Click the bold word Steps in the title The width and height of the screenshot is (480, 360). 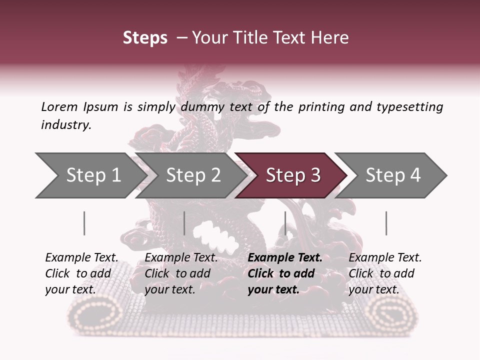coord(145,38)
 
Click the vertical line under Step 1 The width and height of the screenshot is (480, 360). coord(84,223)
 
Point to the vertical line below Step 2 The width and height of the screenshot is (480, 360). coord(184,223)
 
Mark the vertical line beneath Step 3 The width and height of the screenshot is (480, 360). coord(285,223)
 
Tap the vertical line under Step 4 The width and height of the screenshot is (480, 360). coord(386,223)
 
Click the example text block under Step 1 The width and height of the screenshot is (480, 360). coord(81,273)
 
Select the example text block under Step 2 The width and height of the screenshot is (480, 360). coord(180,273)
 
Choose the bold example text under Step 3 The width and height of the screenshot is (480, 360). coord(284,273)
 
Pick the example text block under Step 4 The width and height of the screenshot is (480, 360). coord(384,273)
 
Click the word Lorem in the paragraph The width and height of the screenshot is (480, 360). coord(59,106)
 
